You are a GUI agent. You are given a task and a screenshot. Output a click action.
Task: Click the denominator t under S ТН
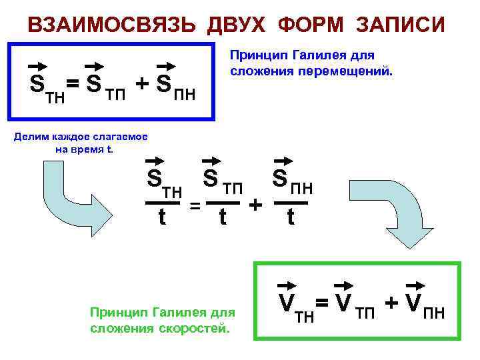click(162, 217)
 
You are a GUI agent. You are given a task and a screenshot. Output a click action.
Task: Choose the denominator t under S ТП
click(224, 217)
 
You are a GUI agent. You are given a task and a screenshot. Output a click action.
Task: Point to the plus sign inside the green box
click(391, 302)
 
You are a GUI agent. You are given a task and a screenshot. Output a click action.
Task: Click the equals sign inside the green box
click(322, 303)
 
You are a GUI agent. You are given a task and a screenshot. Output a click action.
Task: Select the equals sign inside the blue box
click(73, 85)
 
